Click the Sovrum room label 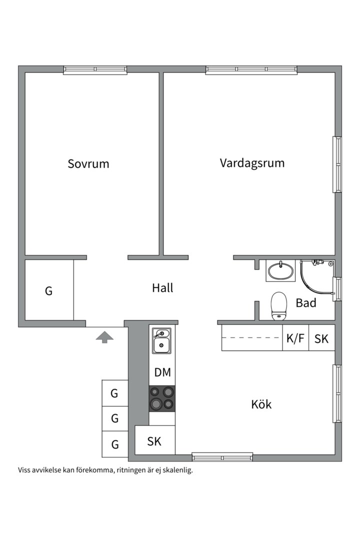88,163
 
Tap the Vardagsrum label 252,163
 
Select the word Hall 162,288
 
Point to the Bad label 306,302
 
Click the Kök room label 261,404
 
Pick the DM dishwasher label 162,372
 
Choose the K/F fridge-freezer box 295,338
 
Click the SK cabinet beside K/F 321,338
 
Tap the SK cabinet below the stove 154,441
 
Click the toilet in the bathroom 278,305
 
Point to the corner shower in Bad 317,276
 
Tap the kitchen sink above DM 161,340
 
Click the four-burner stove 162,398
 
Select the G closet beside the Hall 49,290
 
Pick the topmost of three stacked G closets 114,393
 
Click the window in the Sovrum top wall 95,70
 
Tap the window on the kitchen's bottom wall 222,456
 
